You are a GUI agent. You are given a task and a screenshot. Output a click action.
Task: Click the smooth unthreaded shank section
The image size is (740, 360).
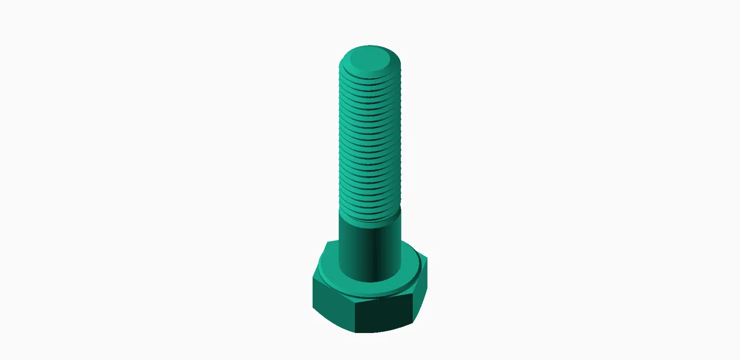click(x=369, y=248)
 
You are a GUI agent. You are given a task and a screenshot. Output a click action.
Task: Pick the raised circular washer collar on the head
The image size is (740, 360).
click(x=403, y=282)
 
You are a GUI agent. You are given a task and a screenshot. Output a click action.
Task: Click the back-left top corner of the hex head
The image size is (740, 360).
click(x=327, y=242)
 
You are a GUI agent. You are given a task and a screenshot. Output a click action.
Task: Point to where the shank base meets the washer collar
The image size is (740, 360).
click(x=369, y=281)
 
